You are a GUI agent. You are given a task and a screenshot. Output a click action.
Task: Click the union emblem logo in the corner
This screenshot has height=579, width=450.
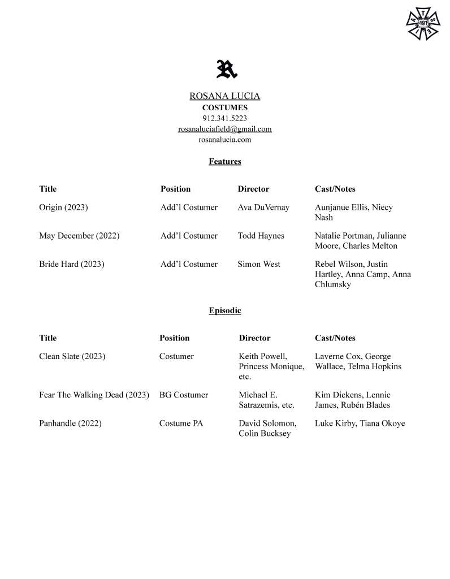tap(423, 24)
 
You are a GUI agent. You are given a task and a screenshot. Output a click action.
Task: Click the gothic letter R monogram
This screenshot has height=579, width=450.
tap(226, 69)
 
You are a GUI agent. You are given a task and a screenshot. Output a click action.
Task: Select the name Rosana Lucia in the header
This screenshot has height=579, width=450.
tap(224, 96)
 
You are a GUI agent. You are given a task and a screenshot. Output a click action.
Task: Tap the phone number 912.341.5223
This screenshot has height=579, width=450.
tap(224, 118)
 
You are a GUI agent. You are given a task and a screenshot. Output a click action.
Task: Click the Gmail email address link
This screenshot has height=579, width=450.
tap(224, 129)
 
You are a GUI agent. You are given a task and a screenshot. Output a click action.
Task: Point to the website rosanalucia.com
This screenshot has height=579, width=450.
tap(224, 140)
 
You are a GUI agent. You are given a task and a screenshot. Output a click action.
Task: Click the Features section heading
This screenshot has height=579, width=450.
tap(224, 162)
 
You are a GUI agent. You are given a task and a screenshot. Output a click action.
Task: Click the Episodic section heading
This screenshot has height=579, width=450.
tap(224, 311)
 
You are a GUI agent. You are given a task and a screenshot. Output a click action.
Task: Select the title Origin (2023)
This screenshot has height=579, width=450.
tap(63, 208)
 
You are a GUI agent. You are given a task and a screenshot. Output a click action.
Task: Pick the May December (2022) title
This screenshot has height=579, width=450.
tap(79, 236)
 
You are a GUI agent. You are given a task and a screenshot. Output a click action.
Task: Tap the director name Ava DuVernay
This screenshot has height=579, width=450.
tap(263, 208)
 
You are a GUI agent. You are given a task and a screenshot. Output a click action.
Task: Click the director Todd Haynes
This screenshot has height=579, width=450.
tap(261, 236)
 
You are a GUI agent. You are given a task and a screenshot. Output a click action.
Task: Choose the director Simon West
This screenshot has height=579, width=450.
tap(259, 264)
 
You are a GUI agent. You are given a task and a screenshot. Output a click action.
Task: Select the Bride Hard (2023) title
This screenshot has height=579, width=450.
tap(72, 264)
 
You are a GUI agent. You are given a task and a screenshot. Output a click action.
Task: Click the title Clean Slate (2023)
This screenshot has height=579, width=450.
tap(72, 357)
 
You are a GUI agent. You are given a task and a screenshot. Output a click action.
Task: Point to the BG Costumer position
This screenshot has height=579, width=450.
tap(184, 395)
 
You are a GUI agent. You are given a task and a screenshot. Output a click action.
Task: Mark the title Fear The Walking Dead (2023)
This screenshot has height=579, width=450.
tap(94, 395)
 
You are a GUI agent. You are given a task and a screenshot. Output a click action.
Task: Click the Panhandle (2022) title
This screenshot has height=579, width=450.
tap(70, 424)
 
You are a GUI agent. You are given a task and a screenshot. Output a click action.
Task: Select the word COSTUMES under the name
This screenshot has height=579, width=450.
tap(224, 107)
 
